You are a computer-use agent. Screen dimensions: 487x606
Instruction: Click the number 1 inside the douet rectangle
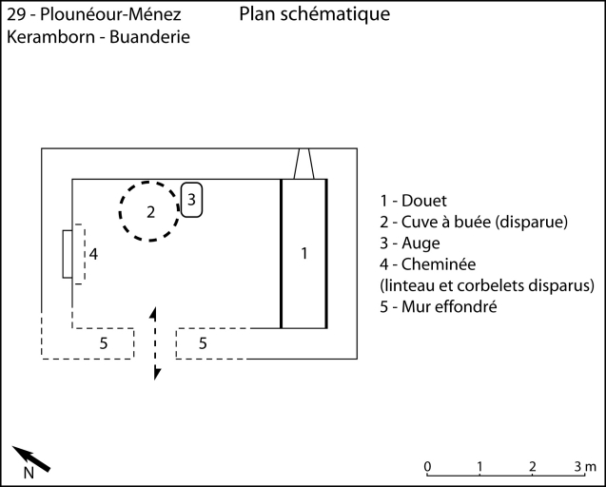pos(303,253)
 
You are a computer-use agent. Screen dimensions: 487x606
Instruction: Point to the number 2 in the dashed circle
pos(150,212)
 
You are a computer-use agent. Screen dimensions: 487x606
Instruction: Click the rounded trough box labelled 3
pos(191,200)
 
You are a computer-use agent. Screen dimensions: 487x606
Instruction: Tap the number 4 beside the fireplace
pos(93,255)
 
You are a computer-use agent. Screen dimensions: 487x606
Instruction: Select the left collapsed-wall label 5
pos(103,342)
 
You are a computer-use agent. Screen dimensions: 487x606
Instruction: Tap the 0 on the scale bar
pos(427,465)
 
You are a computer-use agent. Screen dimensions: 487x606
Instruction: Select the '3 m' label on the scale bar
pos(585,465)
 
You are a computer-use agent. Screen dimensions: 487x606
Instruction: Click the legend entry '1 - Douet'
pos(413,201)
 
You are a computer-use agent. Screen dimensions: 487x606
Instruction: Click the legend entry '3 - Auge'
pos(409,243)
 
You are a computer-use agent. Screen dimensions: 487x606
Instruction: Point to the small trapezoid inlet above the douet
pos(303,164)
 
